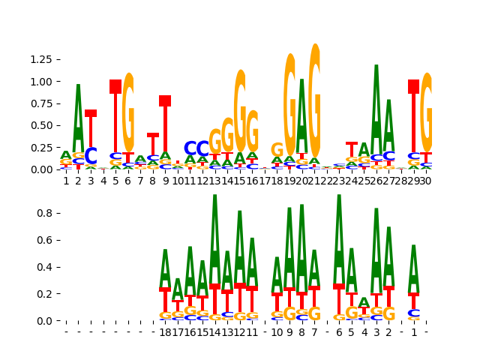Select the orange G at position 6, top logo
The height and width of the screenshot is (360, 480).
[x=128, y=112]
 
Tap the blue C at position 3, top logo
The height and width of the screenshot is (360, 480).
[x=91, y=157]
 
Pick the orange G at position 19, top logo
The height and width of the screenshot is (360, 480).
[x=289, y=105]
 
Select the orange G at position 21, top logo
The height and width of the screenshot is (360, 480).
[x=314, y=101]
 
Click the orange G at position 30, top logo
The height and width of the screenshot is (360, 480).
[x=427, y=112]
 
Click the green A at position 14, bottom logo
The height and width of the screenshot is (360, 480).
[x=215, y=240]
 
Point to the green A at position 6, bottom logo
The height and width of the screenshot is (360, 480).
[x=339, y=240]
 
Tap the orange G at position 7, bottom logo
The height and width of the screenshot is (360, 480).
[x=314, y=314]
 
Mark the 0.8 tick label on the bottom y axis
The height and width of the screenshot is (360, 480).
[x=46, y=213]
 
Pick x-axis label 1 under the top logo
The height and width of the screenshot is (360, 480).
[x=66, y=181]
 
